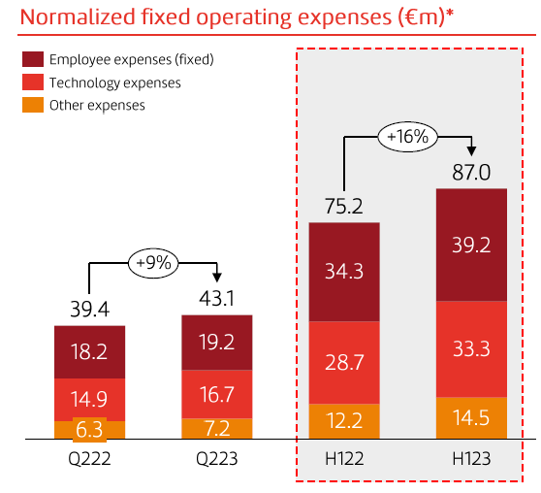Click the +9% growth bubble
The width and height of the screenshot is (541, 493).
tap(153, 261)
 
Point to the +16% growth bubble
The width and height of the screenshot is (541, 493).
tap(407, 137)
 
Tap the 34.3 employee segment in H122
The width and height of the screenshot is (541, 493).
tap(344, 272)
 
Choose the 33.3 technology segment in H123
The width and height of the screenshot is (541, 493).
tap(471, 348)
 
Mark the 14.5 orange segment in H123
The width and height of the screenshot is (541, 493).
tap(471, 418)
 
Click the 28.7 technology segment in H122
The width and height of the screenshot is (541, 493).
tap(344, 361)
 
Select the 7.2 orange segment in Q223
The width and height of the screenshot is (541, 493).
tap(217, 428)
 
